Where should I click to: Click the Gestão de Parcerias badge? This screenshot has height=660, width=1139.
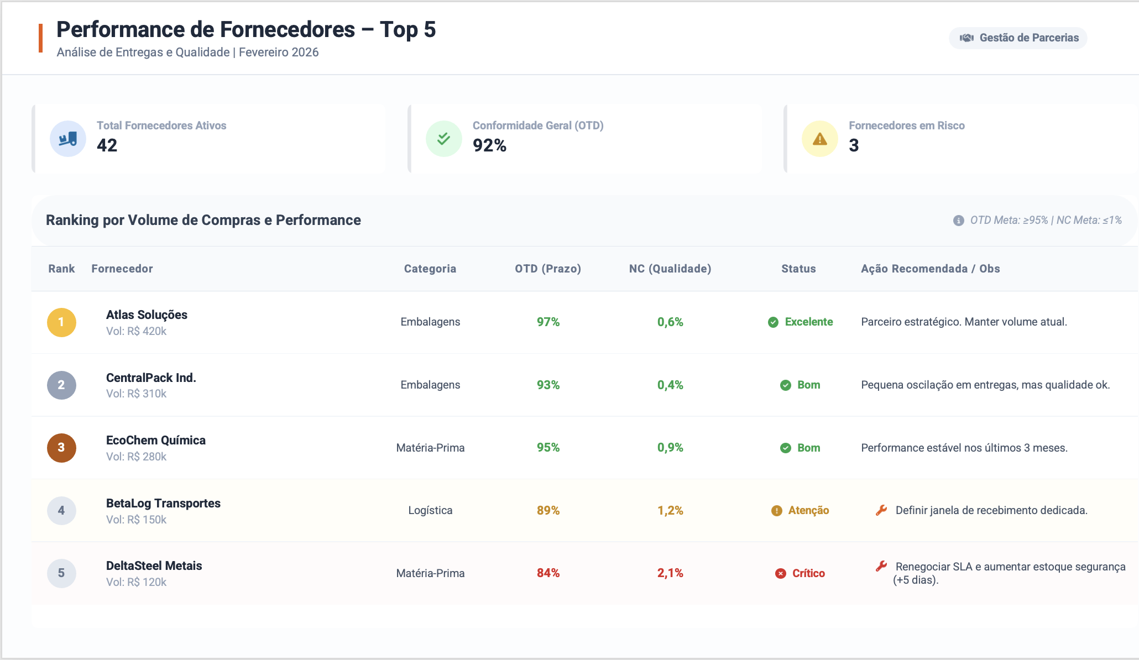pyautogui.click(x=1018, y=38)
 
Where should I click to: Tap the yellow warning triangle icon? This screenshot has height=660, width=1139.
pyautogui.click(x=820, y=139)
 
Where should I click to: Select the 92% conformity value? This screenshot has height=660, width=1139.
pyautogui.click(x=489, y=145)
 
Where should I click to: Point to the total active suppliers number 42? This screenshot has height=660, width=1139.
pyautogui.click(x=107, y=145)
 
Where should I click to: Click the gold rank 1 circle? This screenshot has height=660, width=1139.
pyautogui.click(x=61, y=322)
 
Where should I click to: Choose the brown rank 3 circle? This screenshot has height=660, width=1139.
pyautogui.click(x=61, y=448)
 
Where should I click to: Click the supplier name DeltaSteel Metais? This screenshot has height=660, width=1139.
pyautogui.click(x=154, y=565)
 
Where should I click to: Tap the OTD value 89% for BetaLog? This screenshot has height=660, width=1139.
pyautogui.click(x=548, y=510)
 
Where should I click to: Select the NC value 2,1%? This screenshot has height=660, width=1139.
pyautogui.click(x=670, y=573)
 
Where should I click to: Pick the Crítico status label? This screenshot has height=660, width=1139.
pyautogui.click(x=808, y=573)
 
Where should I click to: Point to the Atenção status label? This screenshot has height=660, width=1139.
pyautogui.click(x=808, y=510)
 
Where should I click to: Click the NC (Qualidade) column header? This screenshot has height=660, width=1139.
pyautogui.click(x=670, y=269)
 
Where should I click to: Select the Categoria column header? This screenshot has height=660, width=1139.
pyautogui.click(x=430, y=269)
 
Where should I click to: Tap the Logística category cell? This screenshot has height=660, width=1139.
pyautogui.click(x=430, y=510)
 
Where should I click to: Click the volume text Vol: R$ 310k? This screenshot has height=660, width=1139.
pyautogui.click(x=136, y=394)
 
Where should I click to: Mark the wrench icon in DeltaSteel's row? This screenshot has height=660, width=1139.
pyautogui.click(x=881, y=566)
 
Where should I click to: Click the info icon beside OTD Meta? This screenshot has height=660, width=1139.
pyautogui.click(x=959, y=221)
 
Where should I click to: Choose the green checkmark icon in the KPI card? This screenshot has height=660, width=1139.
pyautogui.click(x=443, y=139)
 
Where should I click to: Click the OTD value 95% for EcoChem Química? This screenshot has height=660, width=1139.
pyautogui.click(x=548, y=448)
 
